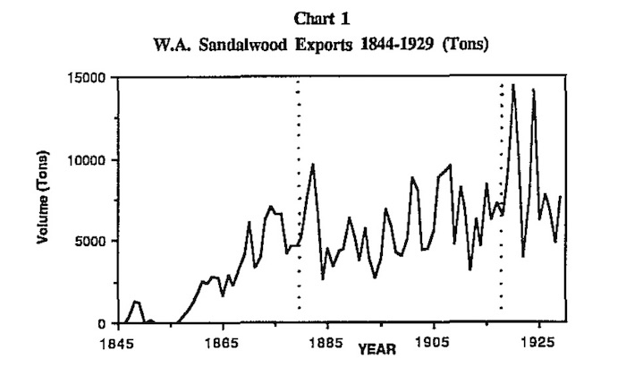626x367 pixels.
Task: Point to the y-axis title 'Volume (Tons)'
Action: tap(42, 198)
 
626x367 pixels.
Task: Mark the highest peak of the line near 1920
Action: tap(513, 85)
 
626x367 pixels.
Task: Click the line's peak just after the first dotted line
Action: tap(313, 164)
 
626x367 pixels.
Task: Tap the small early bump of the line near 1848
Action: tap(135, 302)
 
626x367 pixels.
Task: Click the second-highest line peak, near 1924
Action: tap(534, 90)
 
